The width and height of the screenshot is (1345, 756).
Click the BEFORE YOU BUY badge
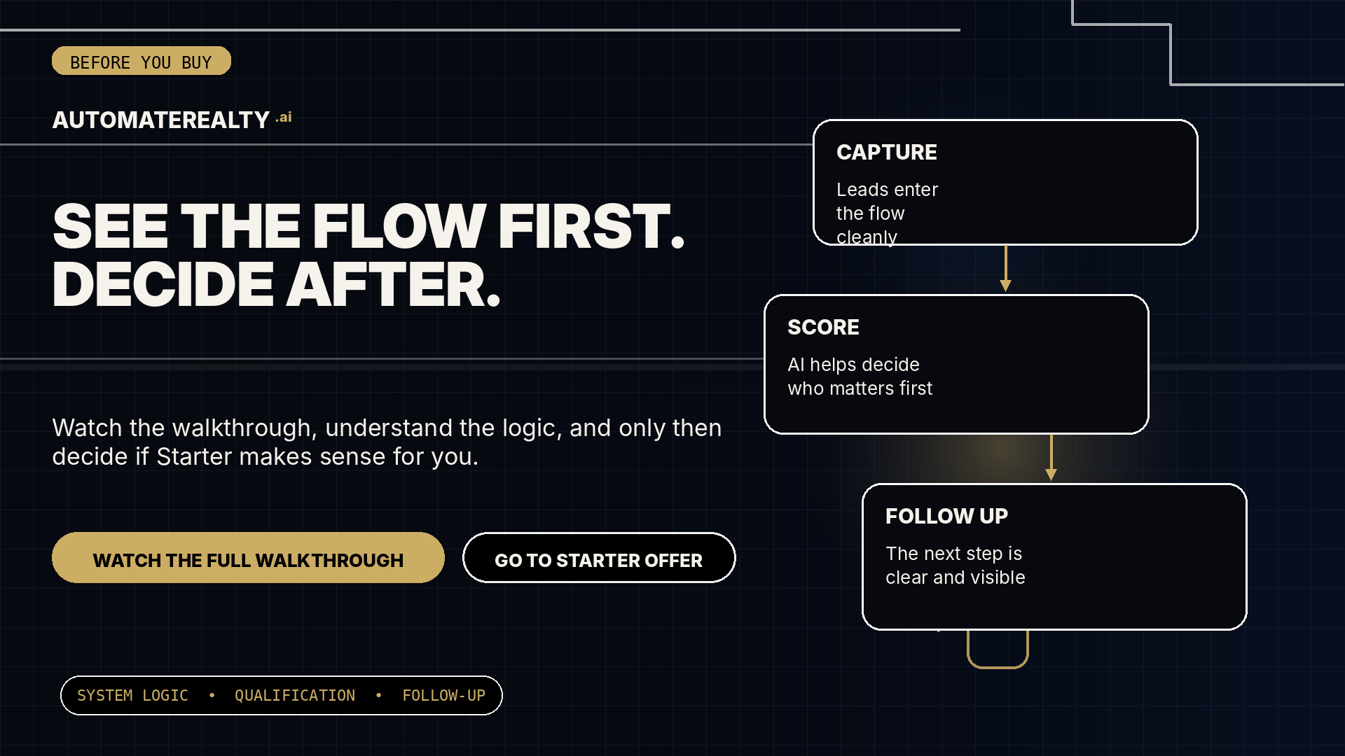click(x=142, y=61)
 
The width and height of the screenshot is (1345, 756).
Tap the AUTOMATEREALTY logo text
click(x=161, y=120)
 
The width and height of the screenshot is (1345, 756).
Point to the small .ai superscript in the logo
click(x=284, y=117)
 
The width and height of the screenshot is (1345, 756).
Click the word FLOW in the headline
click(x=399, y=226)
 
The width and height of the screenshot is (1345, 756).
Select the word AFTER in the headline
click(x=394, y=285)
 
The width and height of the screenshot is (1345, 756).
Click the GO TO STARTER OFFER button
click(x=599, y=558)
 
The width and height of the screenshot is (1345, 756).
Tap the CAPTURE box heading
click(x=887, y=152)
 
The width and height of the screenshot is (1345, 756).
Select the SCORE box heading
click(x=823, y=327)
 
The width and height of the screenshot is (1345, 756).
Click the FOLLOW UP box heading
click(x=946, y=516)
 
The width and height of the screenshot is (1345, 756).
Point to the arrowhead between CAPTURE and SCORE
click(x=1005, y=286)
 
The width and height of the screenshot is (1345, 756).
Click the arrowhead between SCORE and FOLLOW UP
click(x=1051, y=475)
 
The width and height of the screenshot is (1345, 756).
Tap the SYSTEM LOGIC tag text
click(x=132, y=696)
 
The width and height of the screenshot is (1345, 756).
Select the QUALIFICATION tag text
click(x=295, y=696)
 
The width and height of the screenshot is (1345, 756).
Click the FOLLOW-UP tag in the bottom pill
click(x=443, y=696)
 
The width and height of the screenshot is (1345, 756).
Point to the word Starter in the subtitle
click(x=194, y=456)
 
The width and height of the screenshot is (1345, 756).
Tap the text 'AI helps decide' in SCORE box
click(x=853, y=365)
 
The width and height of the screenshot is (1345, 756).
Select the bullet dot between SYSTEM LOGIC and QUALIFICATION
click(x=212, y=696)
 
